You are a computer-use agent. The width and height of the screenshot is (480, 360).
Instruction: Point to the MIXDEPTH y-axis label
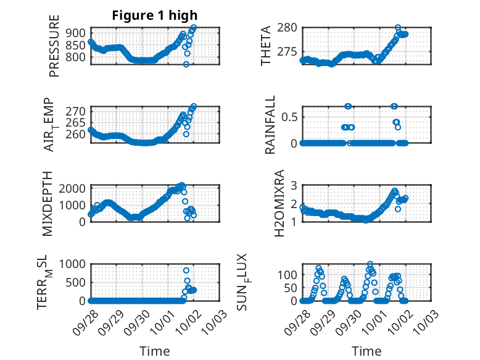coord(48,203)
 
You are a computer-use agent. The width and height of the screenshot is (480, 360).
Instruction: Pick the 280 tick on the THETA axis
coord(290,27)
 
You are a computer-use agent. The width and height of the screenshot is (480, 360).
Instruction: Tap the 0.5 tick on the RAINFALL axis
coord(290,116)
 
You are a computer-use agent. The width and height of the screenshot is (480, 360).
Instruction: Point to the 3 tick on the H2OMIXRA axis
coord(294,185)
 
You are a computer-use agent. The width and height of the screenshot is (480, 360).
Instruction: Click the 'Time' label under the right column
coord(366,351)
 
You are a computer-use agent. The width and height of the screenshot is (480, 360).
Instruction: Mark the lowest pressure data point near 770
coord(186,64)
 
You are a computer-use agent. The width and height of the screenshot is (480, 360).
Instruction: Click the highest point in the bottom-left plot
coord(186,270)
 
